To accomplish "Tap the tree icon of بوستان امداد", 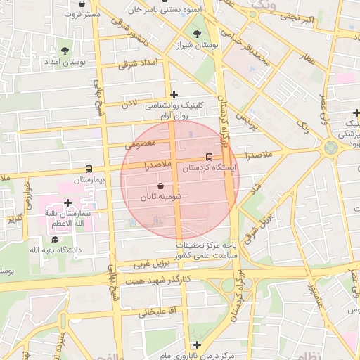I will point(65,51).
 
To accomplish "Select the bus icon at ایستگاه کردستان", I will point(209,157).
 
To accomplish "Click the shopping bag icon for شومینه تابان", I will point(161,186).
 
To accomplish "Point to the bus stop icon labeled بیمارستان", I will point(89,169).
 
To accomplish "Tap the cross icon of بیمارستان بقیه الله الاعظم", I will point(67,202).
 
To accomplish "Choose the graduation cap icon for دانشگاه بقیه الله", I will point(54,239).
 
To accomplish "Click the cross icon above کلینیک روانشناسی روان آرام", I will point(174,94).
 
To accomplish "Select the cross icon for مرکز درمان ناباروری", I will point(198,345).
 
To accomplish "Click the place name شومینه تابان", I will point(161,198).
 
